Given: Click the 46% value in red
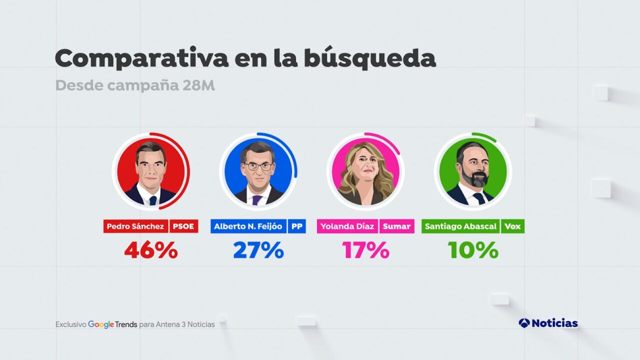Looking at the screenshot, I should point(151,250).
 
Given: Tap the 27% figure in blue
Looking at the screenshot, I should point(258,250).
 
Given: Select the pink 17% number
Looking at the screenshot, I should point(365,250).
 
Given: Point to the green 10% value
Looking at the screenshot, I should point(473,250).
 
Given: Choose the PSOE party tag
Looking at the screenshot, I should point(184,226).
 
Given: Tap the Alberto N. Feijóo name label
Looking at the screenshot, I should point(248,226).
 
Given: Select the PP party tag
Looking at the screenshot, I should point(296,226).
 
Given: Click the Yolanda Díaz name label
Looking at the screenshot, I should point(347,226).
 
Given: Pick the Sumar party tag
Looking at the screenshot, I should point(396,226).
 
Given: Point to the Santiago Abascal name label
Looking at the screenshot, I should point(460,226).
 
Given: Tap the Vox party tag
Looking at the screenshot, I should point(512,226).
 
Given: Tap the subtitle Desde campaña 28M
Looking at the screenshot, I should point(135,85).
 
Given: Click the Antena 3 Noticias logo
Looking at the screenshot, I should point(548,323).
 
